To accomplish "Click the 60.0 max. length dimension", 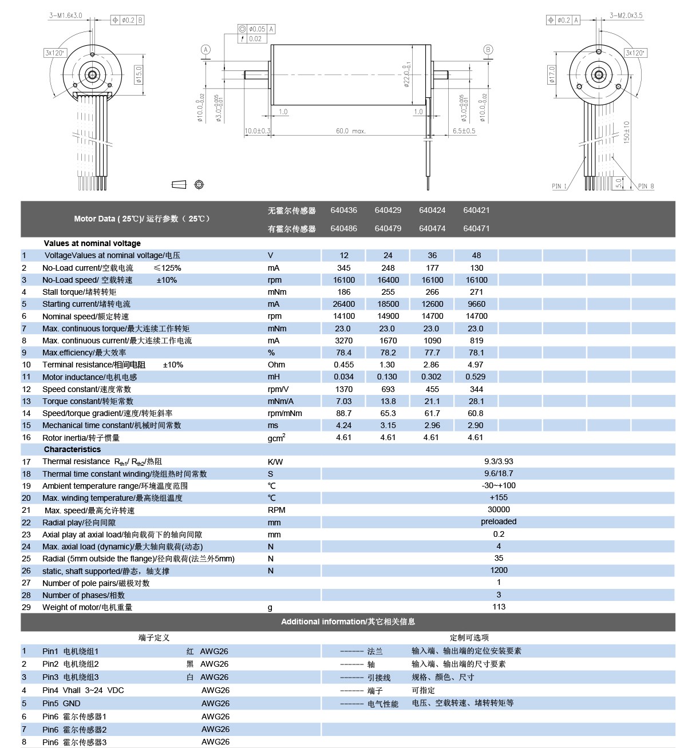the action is pyautogui.click(x=351, y=131).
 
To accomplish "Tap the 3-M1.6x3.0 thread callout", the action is pyautogui.click(x=66, y=15).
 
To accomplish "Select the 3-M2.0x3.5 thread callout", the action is pyautogui.click(x=626, y=15).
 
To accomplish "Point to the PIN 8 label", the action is pyautogui.click(x=646, y=185).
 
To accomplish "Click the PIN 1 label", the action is pyautogui.click(x=559, y=185).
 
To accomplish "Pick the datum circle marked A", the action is pyautogui.click(x=205, y=50).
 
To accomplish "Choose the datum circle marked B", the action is pyautogui.click(x=488, y=50).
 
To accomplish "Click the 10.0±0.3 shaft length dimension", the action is pyautogui.click(x=257, y=131).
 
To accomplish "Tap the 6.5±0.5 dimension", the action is pyautogui.click(x=464, y=131).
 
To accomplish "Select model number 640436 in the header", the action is pyautogui.click(x=343, y=210).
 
